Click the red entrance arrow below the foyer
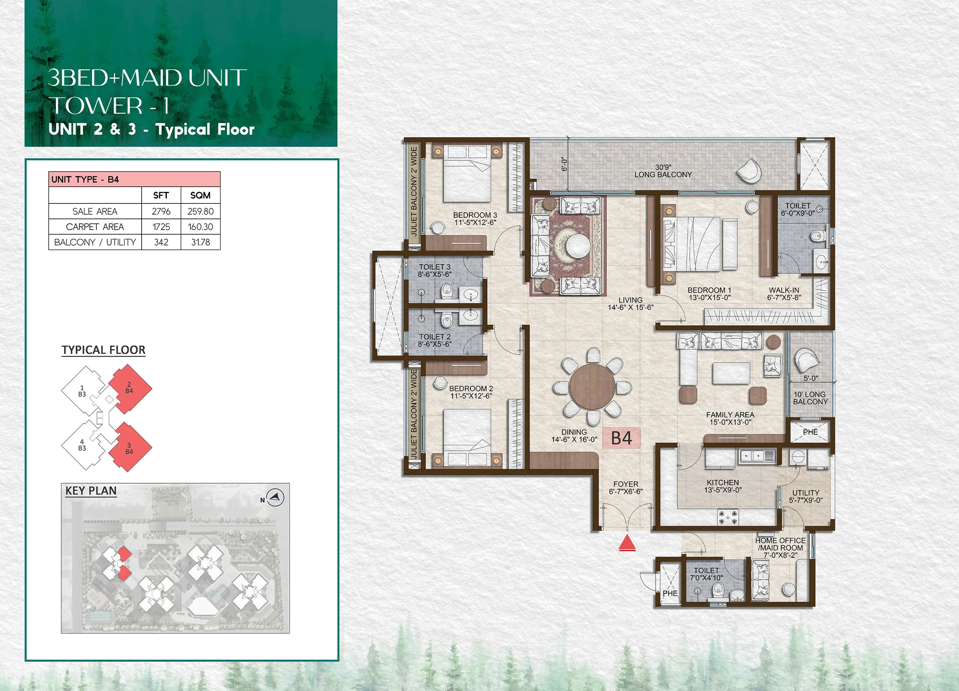[627, 543]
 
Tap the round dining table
[592, 387]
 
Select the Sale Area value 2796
[161, 211]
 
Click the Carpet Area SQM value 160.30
[200, 227]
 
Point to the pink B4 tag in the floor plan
[621, 438]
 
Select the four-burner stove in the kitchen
[728, 517]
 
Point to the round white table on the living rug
[576, 246]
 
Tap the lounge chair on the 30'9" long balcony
[749, 170]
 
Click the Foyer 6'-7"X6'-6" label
[626, 488]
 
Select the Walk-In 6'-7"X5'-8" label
[784, 294]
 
